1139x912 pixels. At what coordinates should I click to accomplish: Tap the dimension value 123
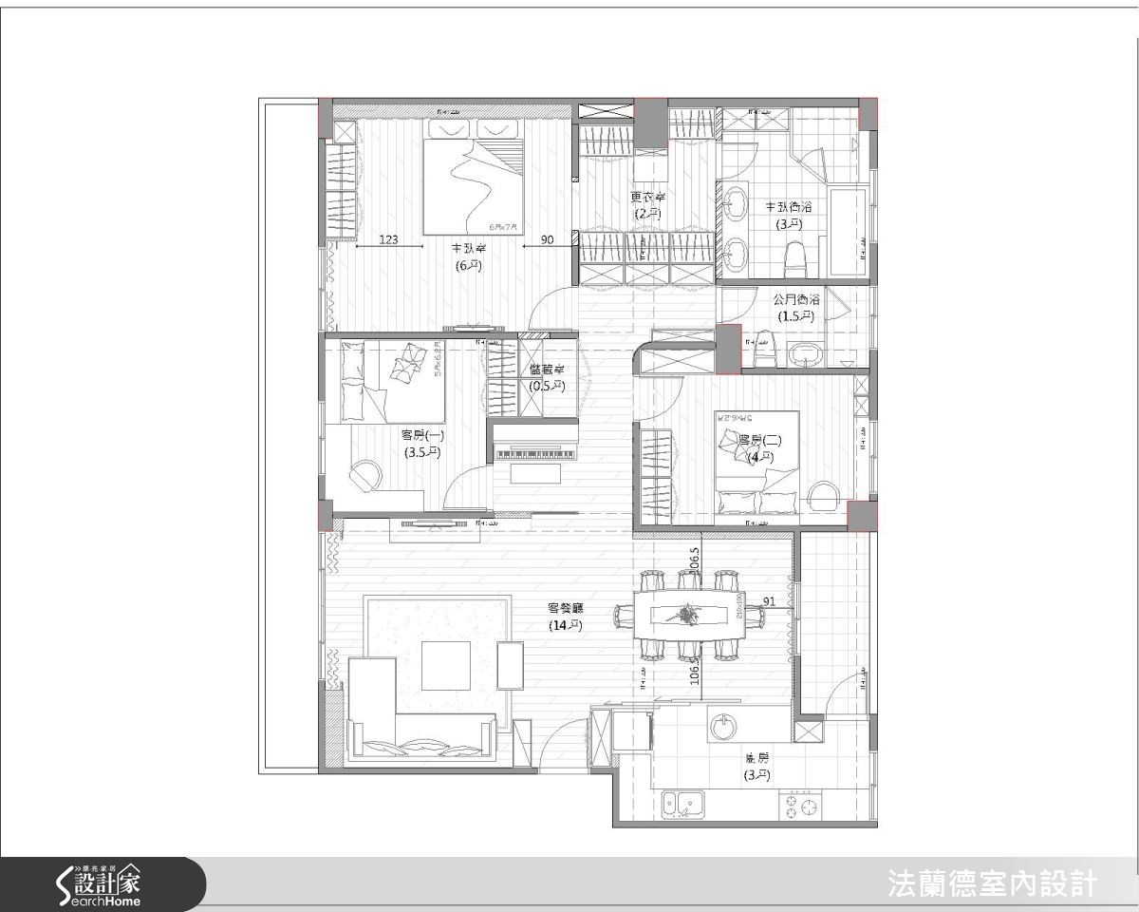(388, 240)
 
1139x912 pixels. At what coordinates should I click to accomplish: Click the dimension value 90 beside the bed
(548, 240)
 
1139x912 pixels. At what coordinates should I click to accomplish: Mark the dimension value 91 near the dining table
(769, 600)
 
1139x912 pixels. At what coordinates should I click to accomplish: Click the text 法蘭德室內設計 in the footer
(991, 884)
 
